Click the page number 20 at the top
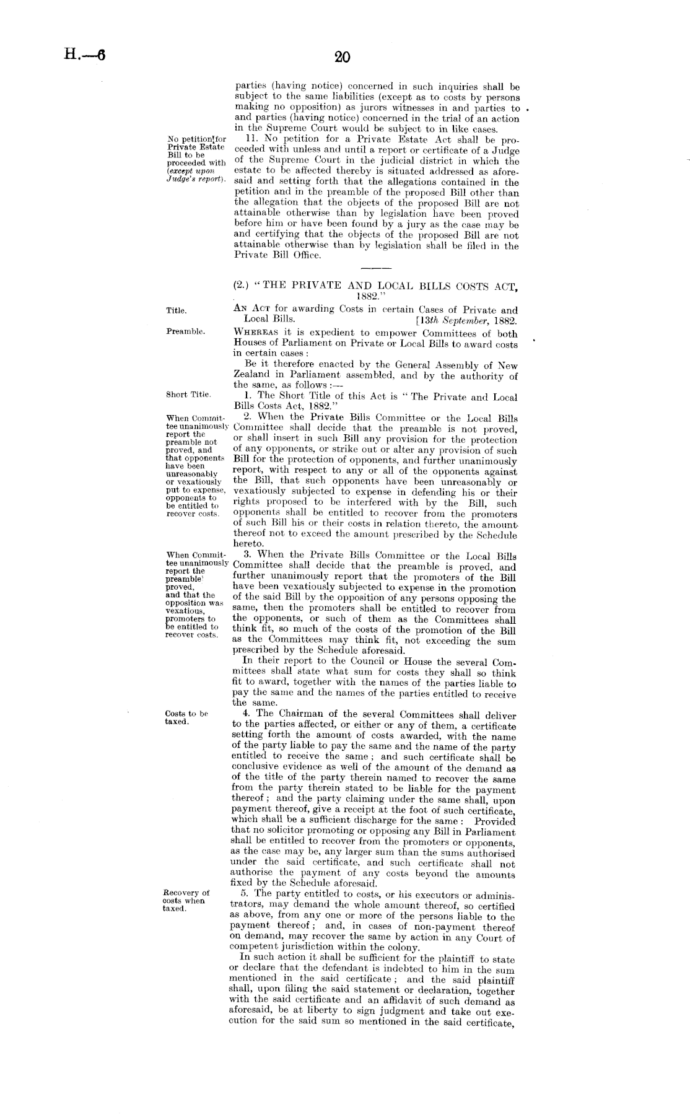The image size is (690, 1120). point(342,58)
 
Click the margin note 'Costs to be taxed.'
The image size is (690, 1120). point(186,717)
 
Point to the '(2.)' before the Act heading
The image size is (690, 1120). point(242,286)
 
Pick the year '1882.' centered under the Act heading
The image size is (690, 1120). point(375,296)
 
